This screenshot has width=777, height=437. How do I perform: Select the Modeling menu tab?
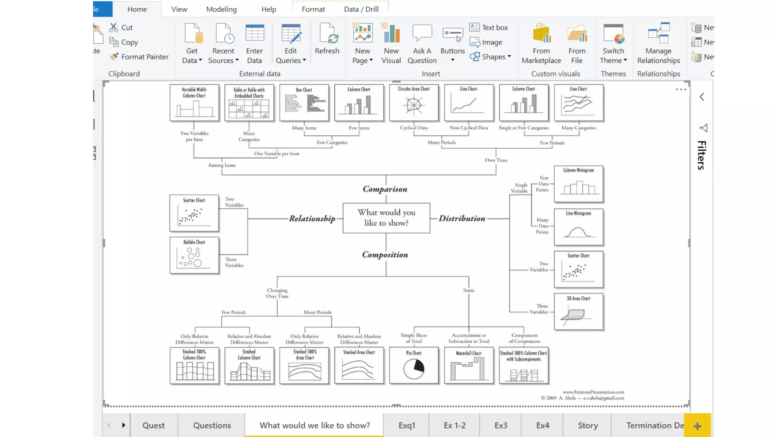(x=221, y=9)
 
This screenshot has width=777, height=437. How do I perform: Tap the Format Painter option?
(x=139, y=57)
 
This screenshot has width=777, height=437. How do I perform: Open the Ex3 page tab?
(x=500, y=425)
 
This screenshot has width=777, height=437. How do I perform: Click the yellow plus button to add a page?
(x=697, y=426)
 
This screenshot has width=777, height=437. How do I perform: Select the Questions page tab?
(x=212, y=425)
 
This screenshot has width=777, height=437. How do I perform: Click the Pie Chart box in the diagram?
(x=414, y=366)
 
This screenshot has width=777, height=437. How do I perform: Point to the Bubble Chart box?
(x=194, y=255)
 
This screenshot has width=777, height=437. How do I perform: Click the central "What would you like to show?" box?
(x=386, y=218)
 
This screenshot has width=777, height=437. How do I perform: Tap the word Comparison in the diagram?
(x=385, y=189)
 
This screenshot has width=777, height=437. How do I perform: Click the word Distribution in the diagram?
(x=462, y=218)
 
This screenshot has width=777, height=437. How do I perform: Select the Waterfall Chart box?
(x=469, y=366)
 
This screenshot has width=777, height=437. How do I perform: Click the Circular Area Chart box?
(x=414, y=103)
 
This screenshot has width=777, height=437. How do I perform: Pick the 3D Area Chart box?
(x=578, y=311)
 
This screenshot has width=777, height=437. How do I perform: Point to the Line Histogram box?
(x=578, y=227)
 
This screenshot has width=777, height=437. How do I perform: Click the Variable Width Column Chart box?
(x=194, y=103)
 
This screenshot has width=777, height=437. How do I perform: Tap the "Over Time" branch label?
(x=496, y=160)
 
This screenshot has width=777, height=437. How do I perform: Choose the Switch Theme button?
(x=613, y=44)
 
